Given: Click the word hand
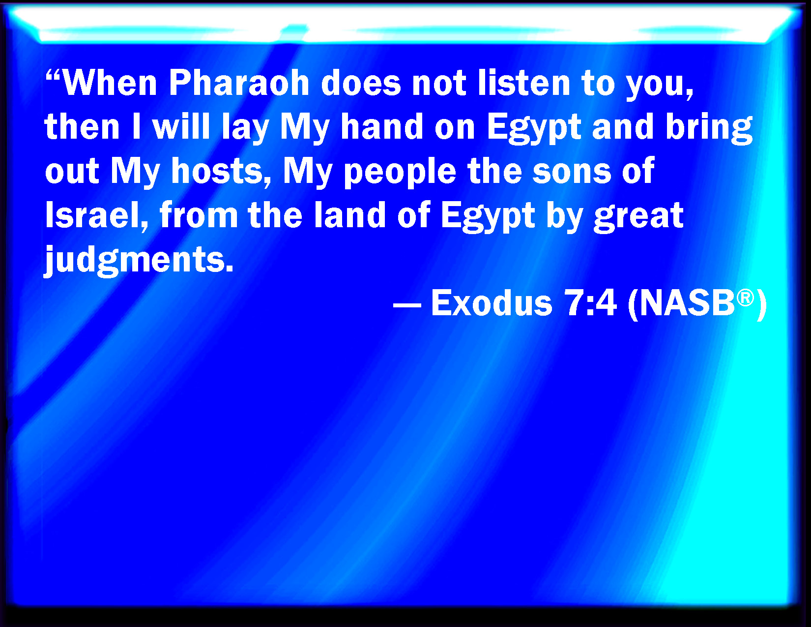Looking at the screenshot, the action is [382, 126].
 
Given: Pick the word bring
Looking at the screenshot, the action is [709, 129].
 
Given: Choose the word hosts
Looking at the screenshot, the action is [220, 171].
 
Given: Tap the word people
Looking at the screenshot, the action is [400, 173].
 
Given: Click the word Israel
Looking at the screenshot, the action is [96, 215].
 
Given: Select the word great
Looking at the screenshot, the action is [638, 218].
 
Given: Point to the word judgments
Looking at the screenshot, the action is [139, 260].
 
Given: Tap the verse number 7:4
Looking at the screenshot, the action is [590, 303].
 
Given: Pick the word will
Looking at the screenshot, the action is [182, 126].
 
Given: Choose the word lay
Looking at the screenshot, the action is [245, 129].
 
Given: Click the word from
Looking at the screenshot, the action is [199, 215].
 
